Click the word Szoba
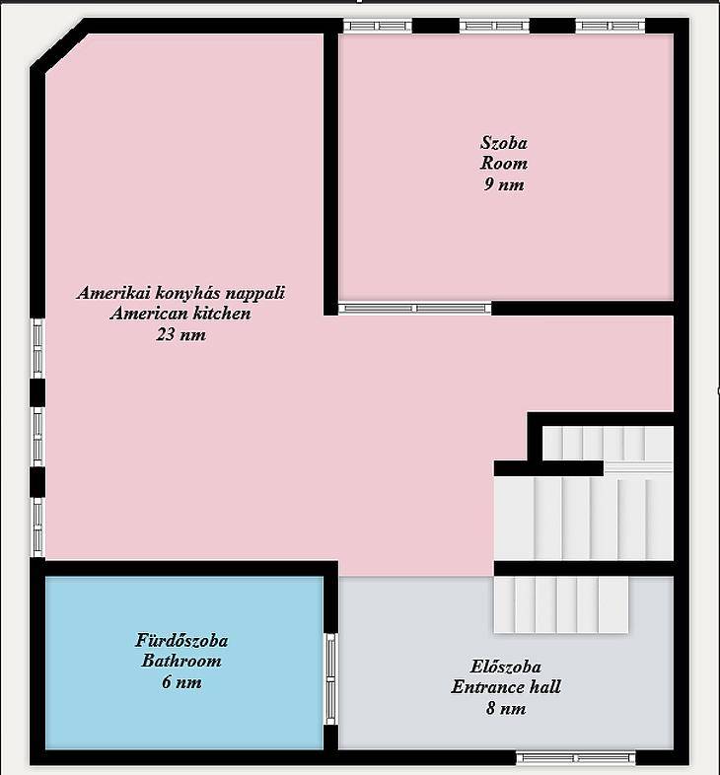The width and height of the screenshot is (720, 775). point(504,143)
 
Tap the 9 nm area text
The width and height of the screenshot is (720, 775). point(504,184)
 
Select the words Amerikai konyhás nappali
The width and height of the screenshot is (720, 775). point(181,293)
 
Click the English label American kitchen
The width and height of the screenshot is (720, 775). point(180,314)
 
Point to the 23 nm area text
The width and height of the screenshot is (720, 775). point(181,334)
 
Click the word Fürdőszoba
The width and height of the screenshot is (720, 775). point(181,641)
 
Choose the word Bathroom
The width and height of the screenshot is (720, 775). point(181,661)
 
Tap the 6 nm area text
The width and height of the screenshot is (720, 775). point(181,682)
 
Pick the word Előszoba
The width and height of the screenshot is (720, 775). point(505,667)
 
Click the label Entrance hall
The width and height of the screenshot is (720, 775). point(506,687)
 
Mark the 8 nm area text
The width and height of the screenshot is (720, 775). point(506,708)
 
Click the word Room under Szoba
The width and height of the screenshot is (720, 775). point(504,163)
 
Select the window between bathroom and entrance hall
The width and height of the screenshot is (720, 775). point(330,679)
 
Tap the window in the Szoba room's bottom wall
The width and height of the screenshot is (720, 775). point(415,309)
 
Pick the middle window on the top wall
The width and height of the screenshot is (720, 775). point(494,26)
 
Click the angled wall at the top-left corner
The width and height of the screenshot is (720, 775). point(60,45)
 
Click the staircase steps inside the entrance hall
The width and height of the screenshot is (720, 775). point(561,605)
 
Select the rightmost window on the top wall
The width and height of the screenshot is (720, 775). point(611,26)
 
